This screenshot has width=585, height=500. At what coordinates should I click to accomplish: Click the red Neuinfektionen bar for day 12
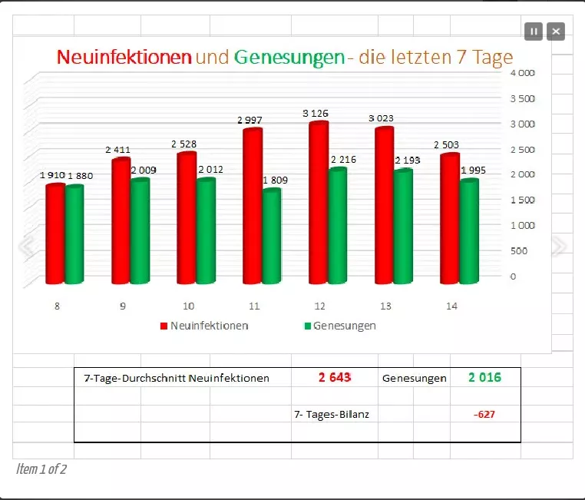click(318, 204)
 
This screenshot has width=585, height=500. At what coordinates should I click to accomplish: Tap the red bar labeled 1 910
click(55, 233)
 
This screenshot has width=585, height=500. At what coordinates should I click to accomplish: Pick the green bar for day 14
click(469, 231)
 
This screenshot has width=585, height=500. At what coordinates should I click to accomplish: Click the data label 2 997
click(250, 120)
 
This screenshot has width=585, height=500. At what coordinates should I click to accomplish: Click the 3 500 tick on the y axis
click(523, 98)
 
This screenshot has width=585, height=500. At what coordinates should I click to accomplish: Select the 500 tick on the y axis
click(520, 250)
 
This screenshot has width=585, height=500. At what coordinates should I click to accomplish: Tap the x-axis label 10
click(188, 306)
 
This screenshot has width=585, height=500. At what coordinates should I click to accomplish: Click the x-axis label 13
click(385, 306)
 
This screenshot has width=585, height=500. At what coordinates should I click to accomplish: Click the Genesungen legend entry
click(340, 326)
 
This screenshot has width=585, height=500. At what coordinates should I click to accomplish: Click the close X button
click(556, 31)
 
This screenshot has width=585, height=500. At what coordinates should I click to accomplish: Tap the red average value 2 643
click(335, 377)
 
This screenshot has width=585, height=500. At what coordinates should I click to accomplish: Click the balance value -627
click(484, 415)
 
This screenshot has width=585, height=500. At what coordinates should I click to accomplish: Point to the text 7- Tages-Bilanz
click(332, 415)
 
